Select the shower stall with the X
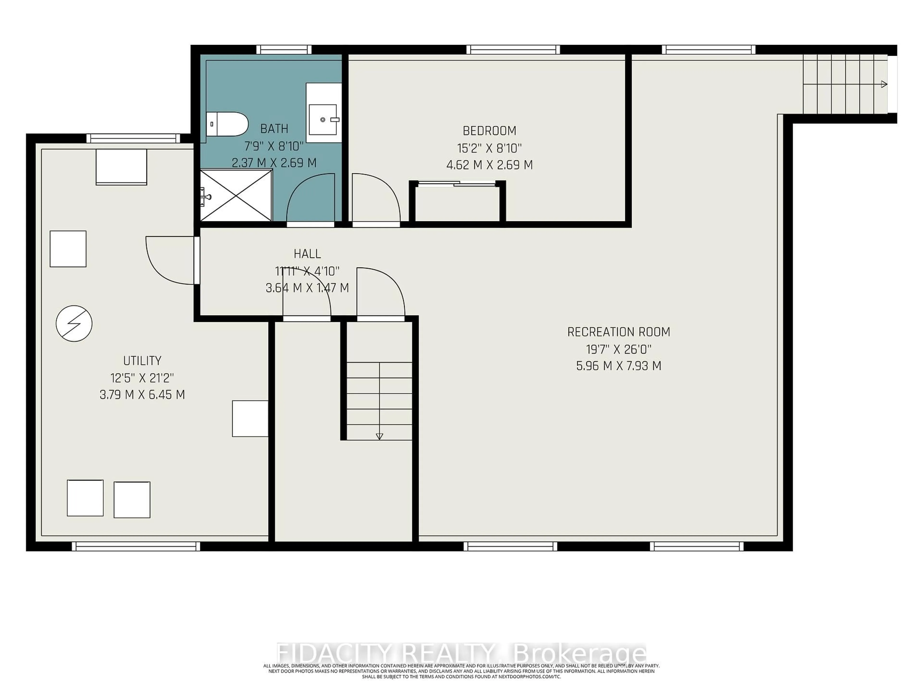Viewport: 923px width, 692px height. (236, 195)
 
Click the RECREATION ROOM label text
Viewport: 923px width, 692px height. (618, 332)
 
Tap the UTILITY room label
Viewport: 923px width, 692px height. (142, 360)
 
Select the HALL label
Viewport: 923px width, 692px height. (307, 253)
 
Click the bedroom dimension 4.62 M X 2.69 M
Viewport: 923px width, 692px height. (489, 165)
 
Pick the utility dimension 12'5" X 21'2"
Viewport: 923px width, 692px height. (142, 378)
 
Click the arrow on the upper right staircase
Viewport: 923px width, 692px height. (883, 84)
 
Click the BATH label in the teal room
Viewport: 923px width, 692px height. (274, 129)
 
